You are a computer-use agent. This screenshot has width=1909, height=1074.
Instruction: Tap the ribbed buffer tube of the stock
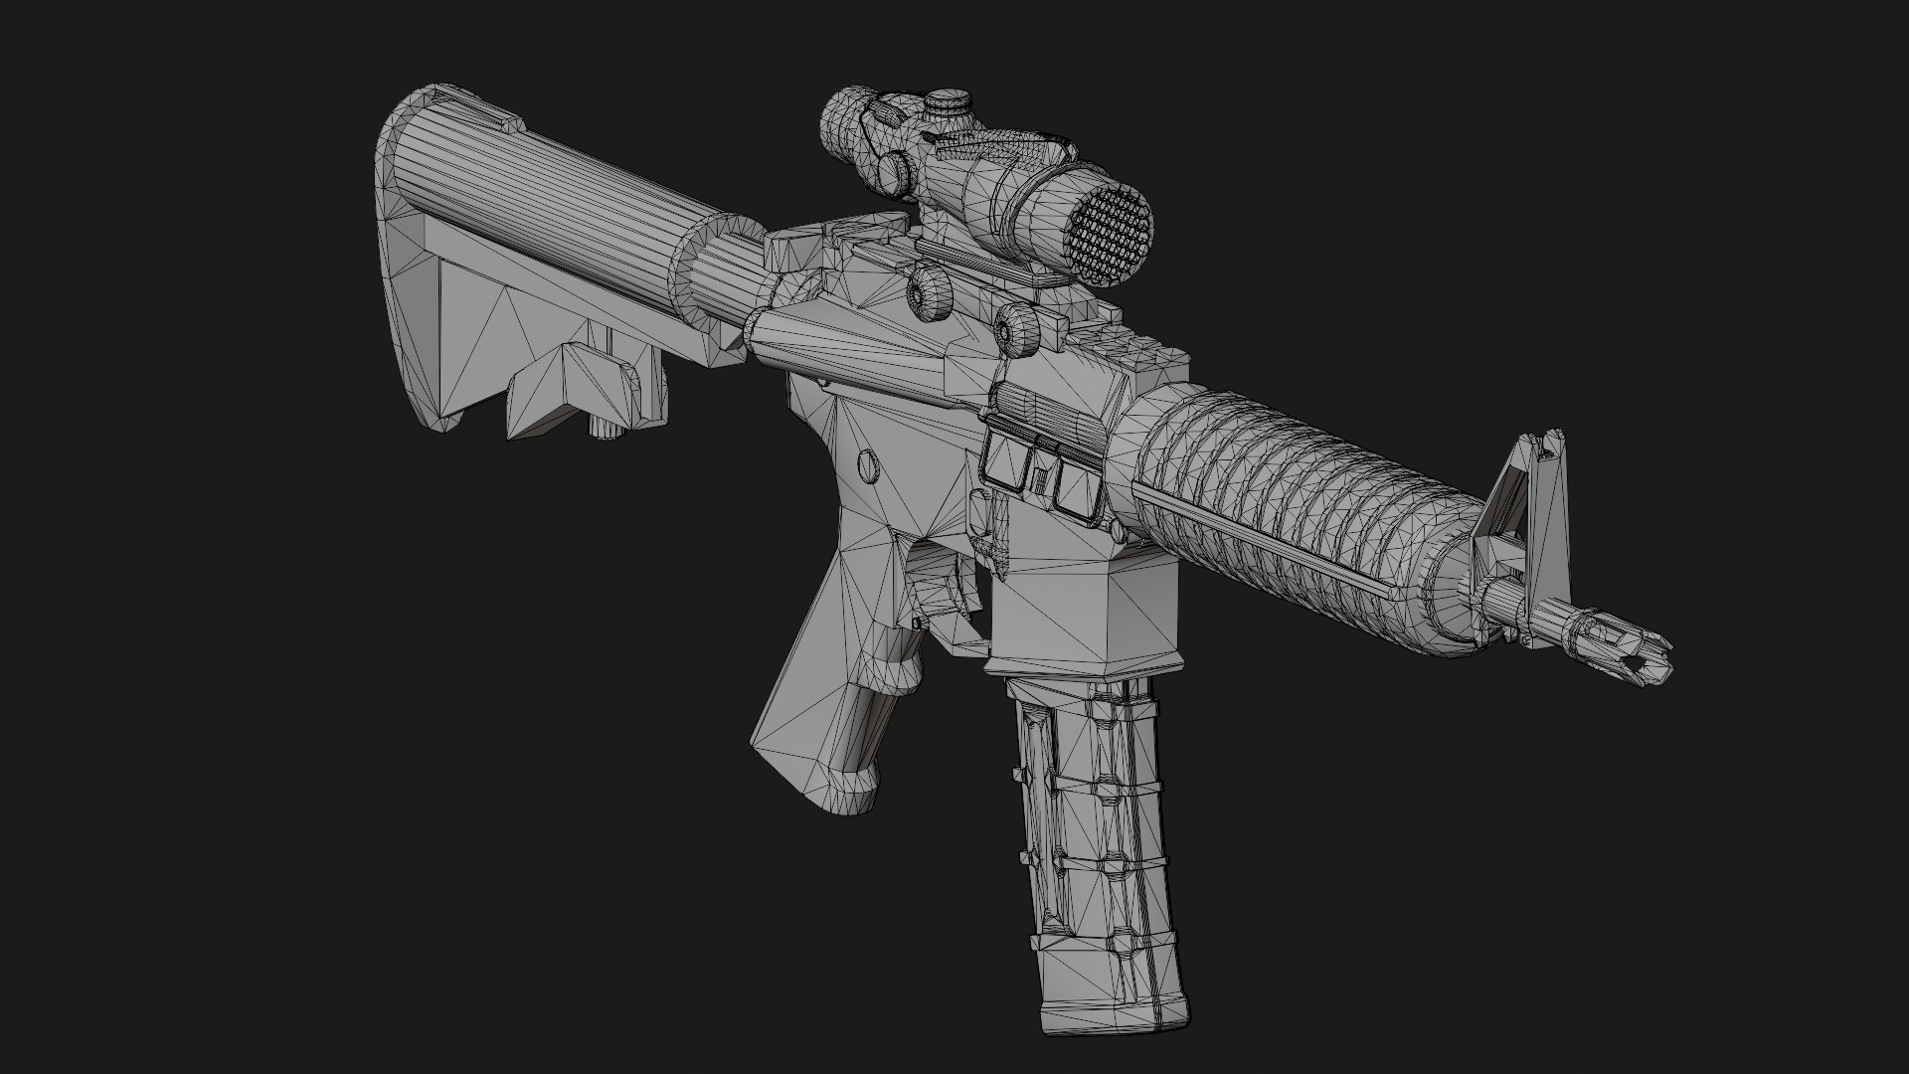coord(557,199)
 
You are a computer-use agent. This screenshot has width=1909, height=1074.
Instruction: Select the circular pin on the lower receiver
coord(868,464)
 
